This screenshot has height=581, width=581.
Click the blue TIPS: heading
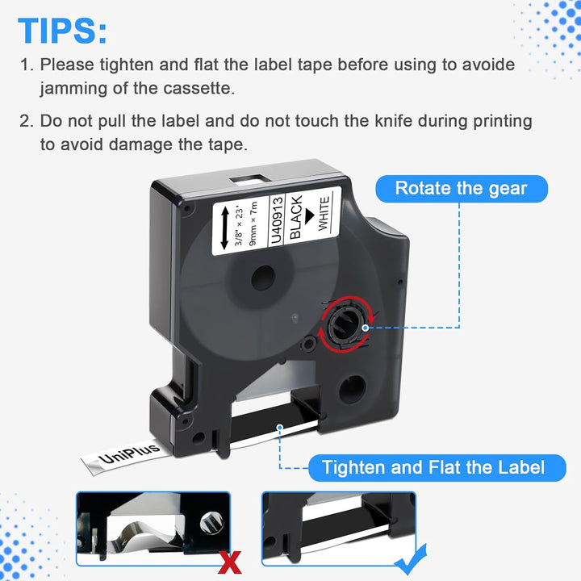pos(62,31)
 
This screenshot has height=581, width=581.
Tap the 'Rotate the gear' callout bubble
pos(462,189)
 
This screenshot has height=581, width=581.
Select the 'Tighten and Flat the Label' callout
pos(437,467)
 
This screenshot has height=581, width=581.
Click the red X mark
pos(229,562)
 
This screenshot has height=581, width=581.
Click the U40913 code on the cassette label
pos(277,220)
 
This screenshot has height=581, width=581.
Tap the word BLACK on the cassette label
pos(295,218)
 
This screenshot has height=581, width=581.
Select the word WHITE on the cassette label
pos(324,213)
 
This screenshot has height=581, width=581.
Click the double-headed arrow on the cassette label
pos(224,228)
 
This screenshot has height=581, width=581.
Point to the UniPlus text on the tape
pos(129,454)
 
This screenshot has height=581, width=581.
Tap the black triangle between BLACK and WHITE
pos(309,216)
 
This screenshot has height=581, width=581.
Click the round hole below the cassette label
pos(263,278)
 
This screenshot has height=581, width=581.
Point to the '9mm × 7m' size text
pos(253,224)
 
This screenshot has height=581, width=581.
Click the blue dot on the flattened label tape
pos(280,428)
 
